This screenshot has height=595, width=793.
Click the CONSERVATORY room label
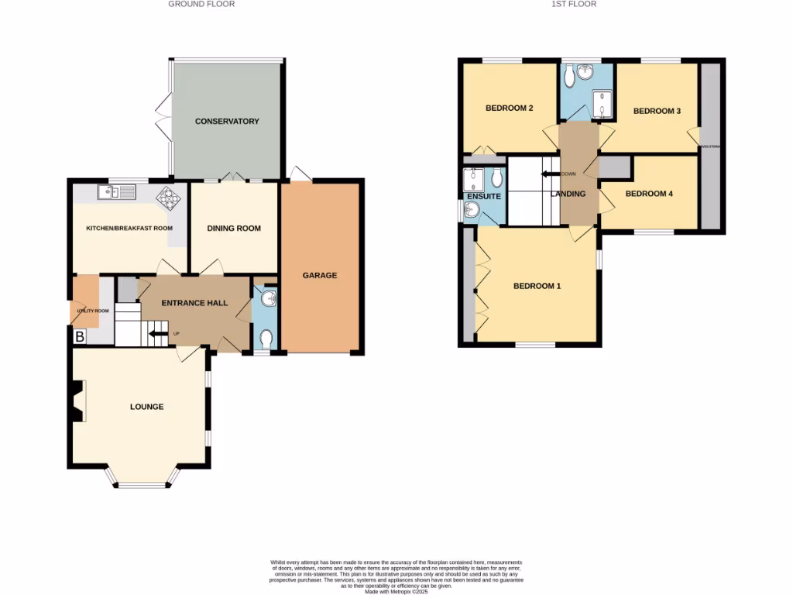(x=227, y=122)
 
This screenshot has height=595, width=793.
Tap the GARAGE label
(x=320, y=275)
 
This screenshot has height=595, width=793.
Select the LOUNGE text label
(x=146, y=407)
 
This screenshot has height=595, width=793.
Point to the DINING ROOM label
(x=234, y=229)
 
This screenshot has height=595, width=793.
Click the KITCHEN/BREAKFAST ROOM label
(x=129, y=229)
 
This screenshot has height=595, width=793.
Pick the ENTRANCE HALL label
(x=194, y=303)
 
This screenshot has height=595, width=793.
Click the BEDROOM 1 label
(x=537, y=286)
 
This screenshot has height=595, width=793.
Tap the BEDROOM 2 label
(x=509, y=108)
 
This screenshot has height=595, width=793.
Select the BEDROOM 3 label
(x=657, y=112)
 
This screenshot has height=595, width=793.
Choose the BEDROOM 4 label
(x=649, y=194)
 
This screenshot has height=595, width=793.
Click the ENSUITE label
(x=483, y=197)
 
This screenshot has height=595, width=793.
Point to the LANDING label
(x=568, y=194)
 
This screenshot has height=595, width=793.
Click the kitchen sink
(x=117, y=191)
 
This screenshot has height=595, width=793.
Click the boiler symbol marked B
(x=79, y=337)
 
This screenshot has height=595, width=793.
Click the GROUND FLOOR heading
(x=201, y=4)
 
